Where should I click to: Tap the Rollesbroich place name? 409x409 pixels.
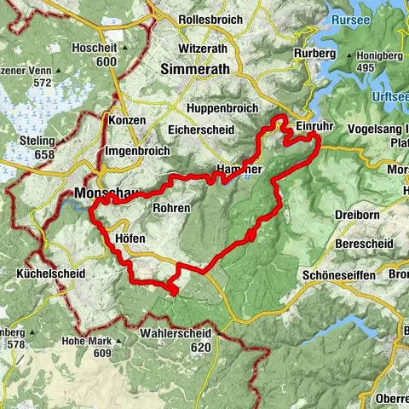click(211, 19)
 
